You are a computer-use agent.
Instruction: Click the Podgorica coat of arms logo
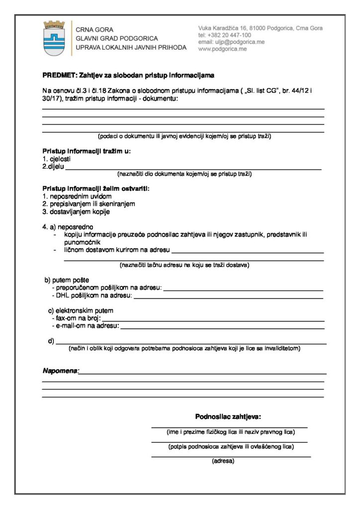(x=55, y=38)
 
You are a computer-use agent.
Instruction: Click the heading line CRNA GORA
(x=94, y=30)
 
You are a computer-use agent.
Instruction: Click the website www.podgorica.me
(x=222, y=49)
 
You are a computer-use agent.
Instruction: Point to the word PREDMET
(x=59, y=76)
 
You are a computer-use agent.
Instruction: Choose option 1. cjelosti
(x=56, y=159)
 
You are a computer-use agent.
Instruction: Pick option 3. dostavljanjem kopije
(x=76, y=211)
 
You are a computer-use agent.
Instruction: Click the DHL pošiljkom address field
(x=229, y=296)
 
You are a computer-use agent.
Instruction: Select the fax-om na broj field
(x=213, y=318)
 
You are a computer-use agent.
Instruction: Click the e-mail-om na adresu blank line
(x=222, y=326)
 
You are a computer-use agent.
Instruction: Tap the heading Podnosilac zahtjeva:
(x=228, y=416)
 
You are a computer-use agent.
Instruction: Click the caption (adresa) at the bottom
(x=223, y=461)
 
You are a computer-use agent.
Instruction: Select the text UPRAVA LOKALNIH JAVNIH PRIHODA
(x=131, y=47)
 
